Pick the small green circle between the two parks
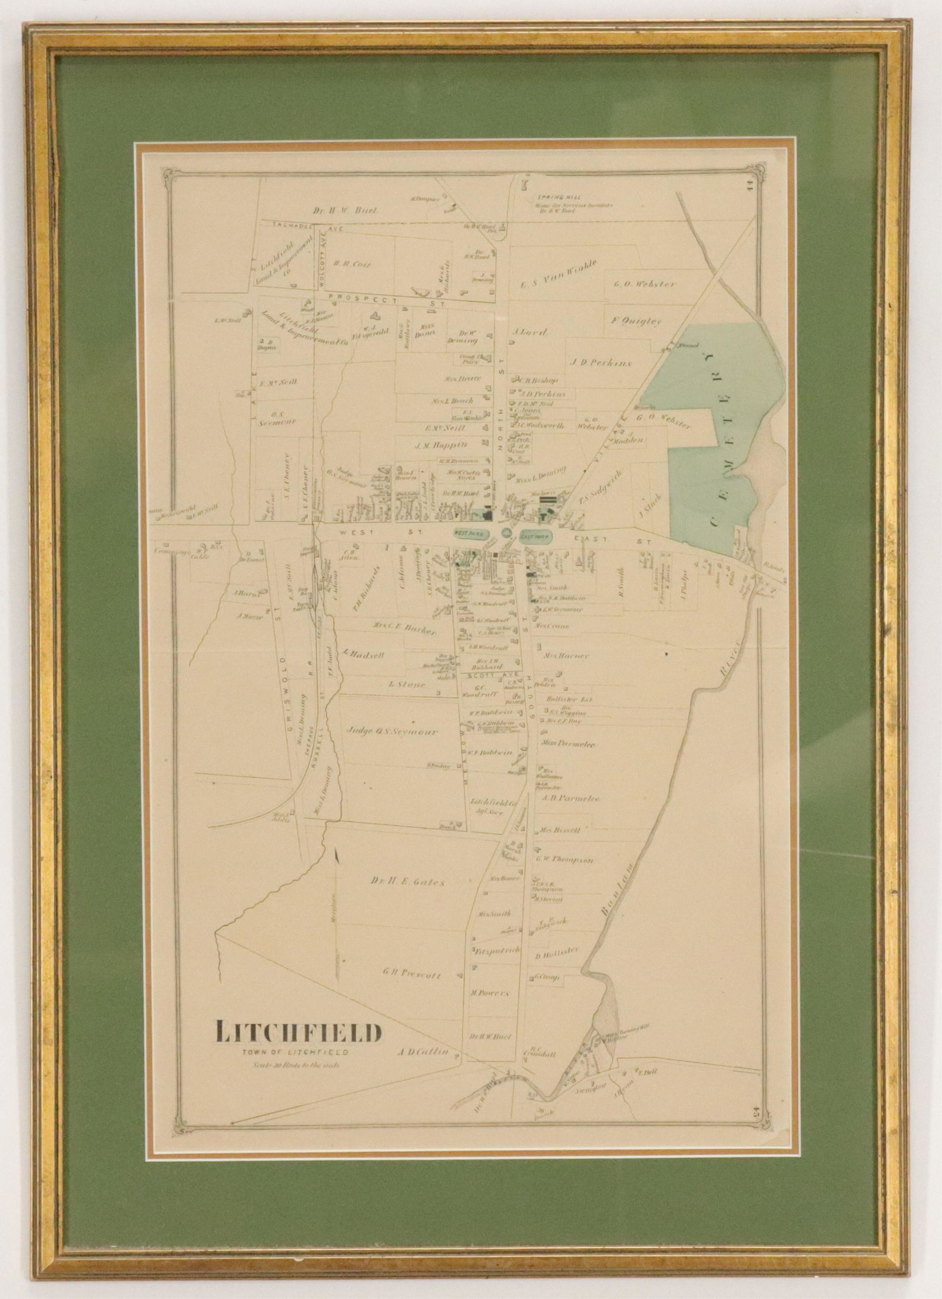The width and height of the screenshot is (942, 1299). point(506,532)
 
